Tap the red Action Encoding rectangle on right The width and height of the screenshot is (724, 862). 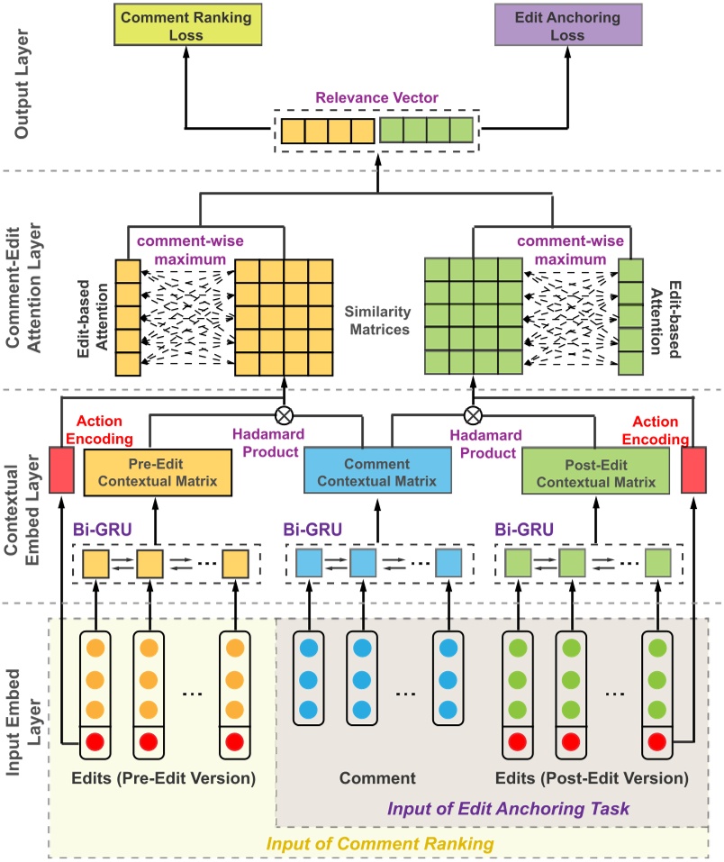[x=694, y=470]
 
